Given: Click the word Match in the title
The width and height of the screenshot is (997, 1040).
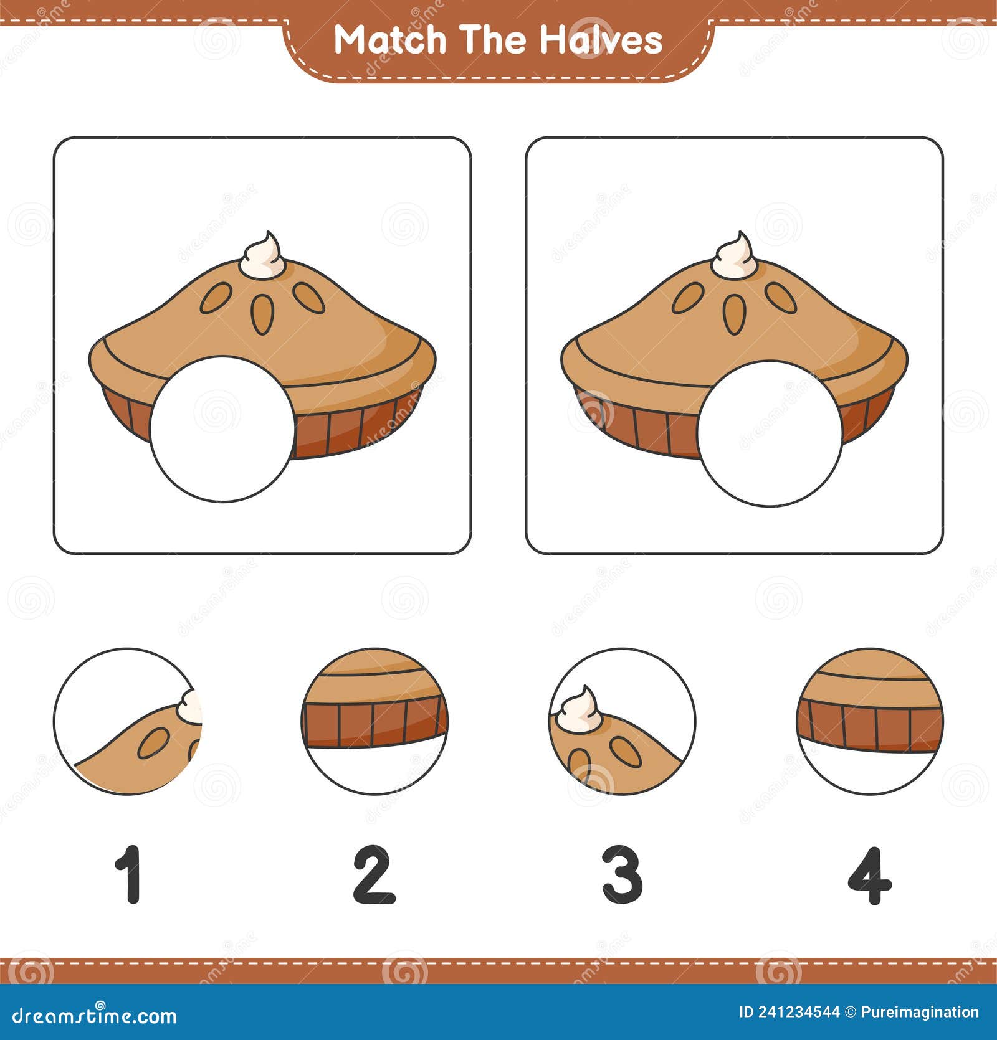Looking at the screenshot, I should (x=391, y=40).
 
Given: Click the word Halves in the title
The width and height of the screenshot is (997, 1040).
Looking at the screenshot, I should (x=601, y=40).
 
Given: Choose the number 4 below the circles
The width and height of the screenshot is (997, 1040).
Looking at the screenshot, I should (x=870, y=875).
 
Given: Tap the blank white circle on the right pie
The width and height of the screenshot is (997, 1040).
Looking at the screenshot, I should (x=770, y=433).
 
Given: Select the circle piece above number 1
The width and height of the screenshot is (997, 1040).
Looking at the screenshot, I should (x=127, y=721).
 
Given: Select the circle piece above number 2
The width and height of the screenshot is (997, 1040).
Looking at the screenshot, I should (x=374, y=721).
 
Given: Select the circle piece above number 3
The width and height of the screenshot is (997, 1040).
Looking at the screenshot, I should (x=622, y=721).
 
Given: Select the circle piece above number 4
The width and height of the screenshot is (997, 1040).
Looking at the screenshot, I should (x=870, y=721).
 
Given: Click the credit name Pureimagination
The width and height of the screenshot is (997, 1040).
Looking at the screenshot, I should (x=920, y=1013).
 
